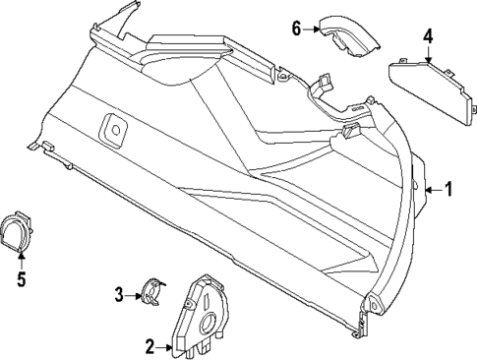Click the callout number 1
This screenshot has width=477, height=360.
point(449,190)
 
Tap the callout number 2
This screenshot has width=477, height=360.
point(150,346)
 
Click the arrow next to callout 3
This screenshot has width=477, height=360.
point(136,293)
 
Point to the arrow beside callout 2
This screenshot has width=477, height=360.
point(166,346)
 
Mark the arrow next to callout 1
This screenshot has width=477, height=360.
point(433,190)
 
